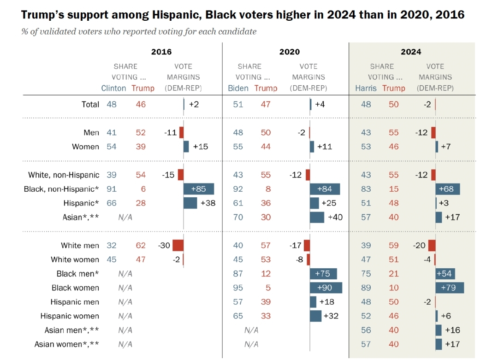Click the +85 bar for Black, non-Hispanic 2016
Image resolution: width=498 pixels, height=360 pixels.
(x=199, y=189)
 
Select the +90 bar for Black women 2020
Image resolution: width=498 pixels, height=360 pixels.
(x=326, y=288)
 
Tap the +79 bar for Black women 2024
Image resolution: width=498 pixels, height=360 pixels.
(x=450, y=288)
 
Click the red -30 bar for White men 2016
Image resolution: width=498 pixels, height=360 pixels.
(x=178, y=245)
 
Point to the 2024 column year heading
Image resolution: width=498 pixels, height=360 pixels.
(x=411, y=52)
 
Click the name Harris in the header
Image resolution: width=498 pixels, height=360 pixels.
(x=366, y=88)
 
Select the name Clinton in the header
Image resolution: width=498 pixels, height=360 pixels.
(x=113, y=88)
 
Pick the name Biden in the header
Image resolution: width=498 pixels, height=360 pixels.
(x=238, y=88)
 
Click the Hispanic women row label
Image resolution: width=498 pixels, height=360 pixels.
(x=70, y=316)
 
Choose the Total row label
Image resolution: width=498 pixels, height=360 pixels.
(x=90, y=104)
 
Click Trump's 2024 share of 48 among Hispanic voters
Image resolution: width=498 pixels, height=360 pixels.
(x=393, y=203)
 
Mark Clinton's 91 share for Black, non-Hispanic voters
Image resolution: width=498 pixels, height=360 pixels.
(x=112, y=189)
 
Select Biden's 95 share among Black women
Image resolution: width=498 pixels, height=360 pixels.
(x=238, y=288)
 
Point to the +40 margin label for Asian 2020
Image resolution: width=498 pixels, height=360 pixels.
(x=335, y=217)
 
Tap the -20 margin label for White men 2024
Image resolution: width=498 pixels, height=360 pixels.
(x=419, y=245)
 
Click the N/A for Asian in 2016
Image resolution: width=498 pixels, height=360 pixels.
(x=125, y=217)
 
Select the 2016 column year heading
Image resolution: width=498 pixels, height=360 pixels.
(x=161, y=52)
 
